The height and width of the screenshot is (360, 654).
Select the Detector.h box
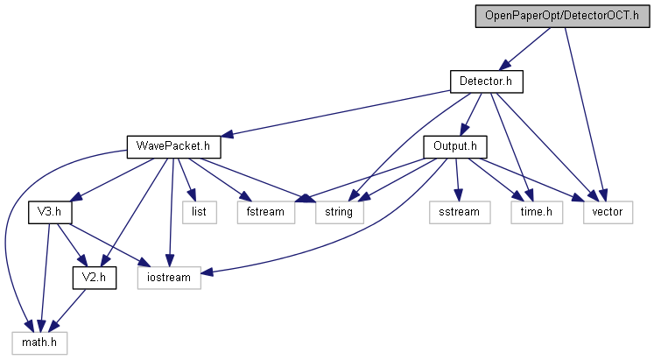click(x=486, y=81)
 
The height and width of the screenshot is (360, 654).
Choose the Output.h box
click(x=454, y=145)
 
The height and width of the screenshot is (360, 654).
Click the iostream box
click(x=169, y=276)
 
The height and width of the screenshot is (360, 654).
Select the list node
click(x=198, y=211)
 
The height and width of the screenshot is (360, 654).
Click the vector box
click(x=606, y=211)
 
